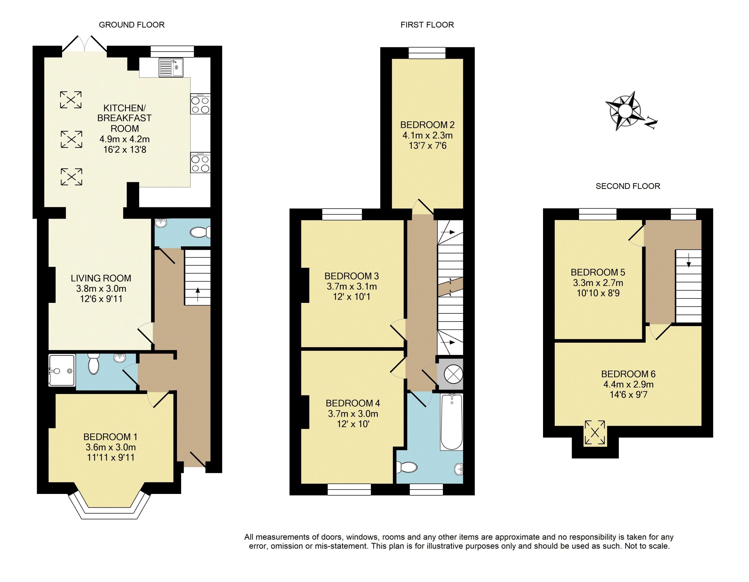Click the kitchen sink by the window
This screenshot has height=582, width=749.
171,68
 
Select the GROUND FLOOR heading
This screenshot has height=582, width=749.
132,25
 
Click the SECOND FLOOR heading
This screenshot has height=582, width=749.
628,186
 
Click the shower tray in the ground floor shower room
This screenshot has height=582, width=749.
62,370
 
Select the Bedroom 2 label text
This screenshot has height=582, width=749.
427,125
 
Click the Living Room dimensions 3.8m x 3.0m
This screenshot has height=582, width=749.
101,289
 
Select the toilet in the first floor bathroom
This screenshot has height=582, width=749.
406,467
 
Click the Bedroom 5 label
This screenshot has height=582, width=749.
598,272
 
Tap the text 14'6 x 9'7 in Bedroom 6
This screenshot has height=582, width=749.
629,394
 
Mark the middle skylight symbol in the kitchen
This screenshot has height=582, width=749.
71,139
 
